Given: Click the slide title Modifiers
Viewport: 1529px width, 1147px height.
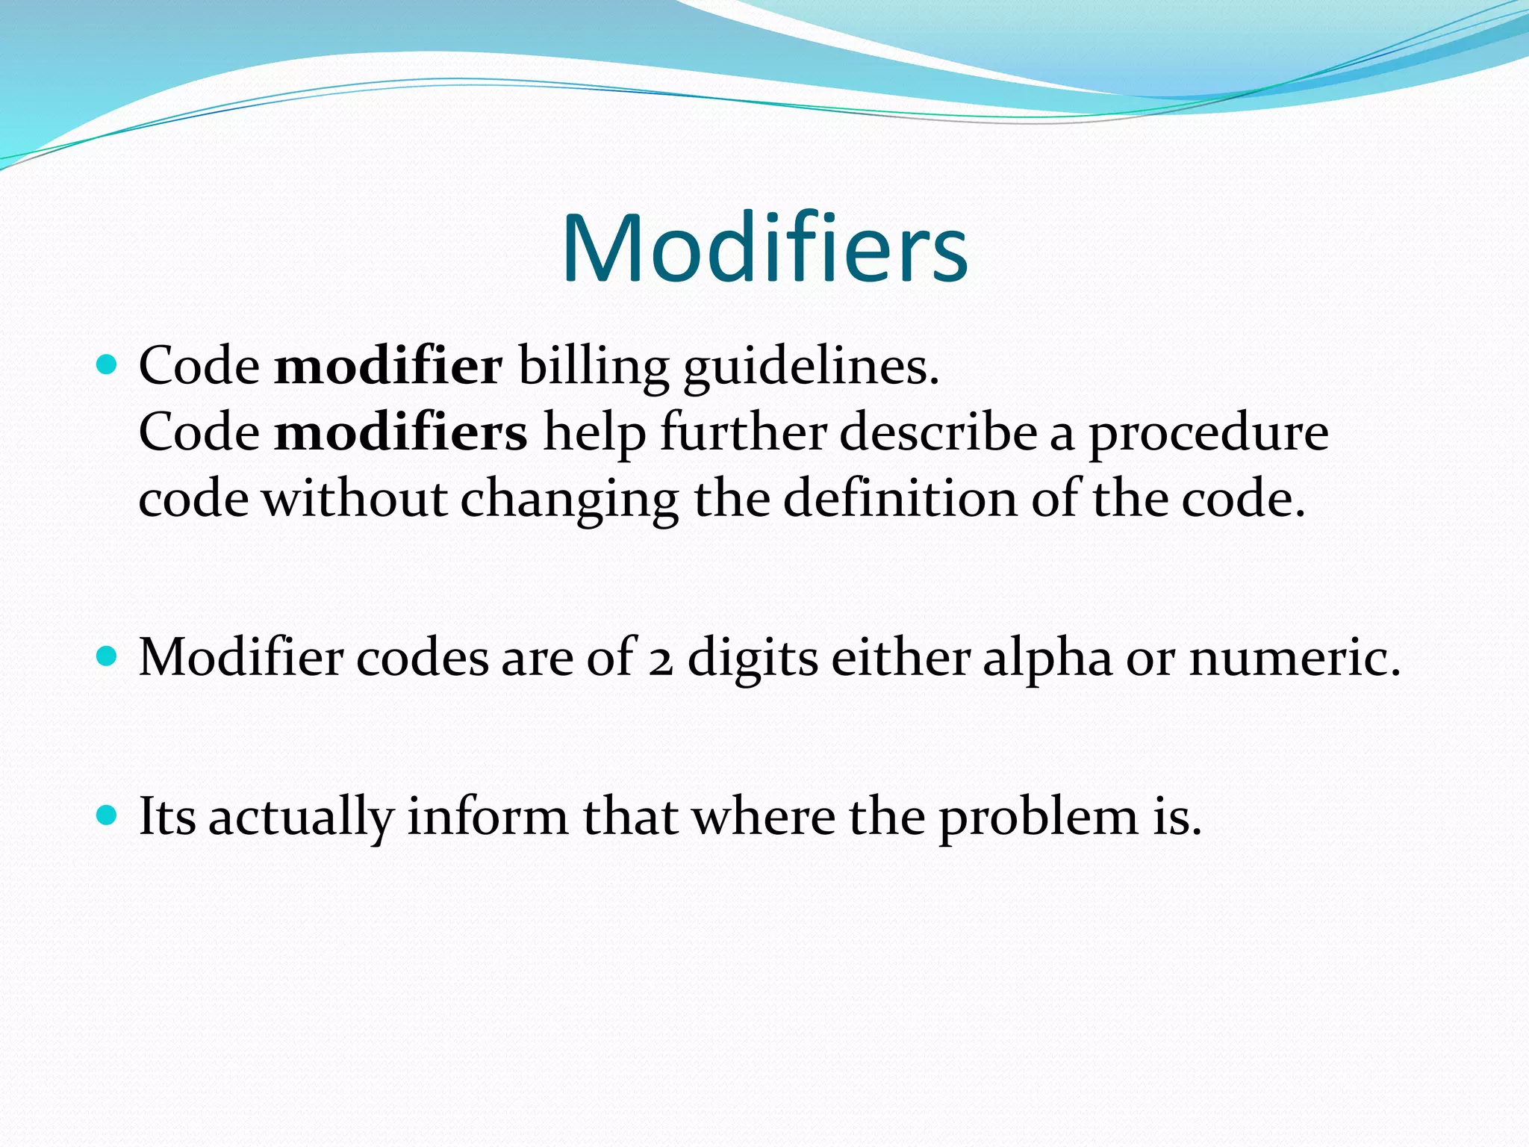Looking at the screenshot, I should pos(764,249).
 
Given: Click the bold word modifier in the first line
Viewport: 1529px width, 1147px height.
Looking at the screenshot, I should pos(388,367).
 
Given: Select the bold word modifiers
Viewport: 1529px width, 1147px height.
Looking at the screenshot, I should pos(401,432).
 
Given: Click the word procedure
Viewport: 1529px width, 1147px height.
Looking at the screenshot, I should pos(1208,434).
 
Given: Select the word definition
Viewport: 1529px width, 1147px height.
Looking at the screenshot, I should pos(900,498).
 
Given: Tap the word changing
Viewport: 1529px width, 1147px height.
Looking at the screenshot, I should pos(569,500).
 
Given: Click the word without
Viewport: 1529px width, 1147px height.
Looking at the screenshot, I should pos(355,498).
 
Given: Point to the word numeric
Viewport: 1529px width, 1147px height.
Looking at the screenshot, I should pos(1294,658).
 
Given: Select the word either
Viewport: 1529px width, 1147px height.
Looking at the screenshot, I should pos(900,658).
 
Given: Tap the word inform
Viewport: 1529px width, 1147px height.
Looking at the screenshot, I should pos(488,816).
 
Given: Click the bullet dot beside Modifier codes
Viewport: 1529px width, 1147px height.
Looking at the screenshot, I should pos(108,656).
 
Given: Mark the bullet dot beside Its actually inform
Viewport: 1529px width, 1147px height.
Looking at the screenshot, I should pos(108,815).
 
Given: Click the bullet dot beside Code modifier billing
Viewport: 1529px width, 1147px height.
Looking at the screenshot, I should pos(108,365).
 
